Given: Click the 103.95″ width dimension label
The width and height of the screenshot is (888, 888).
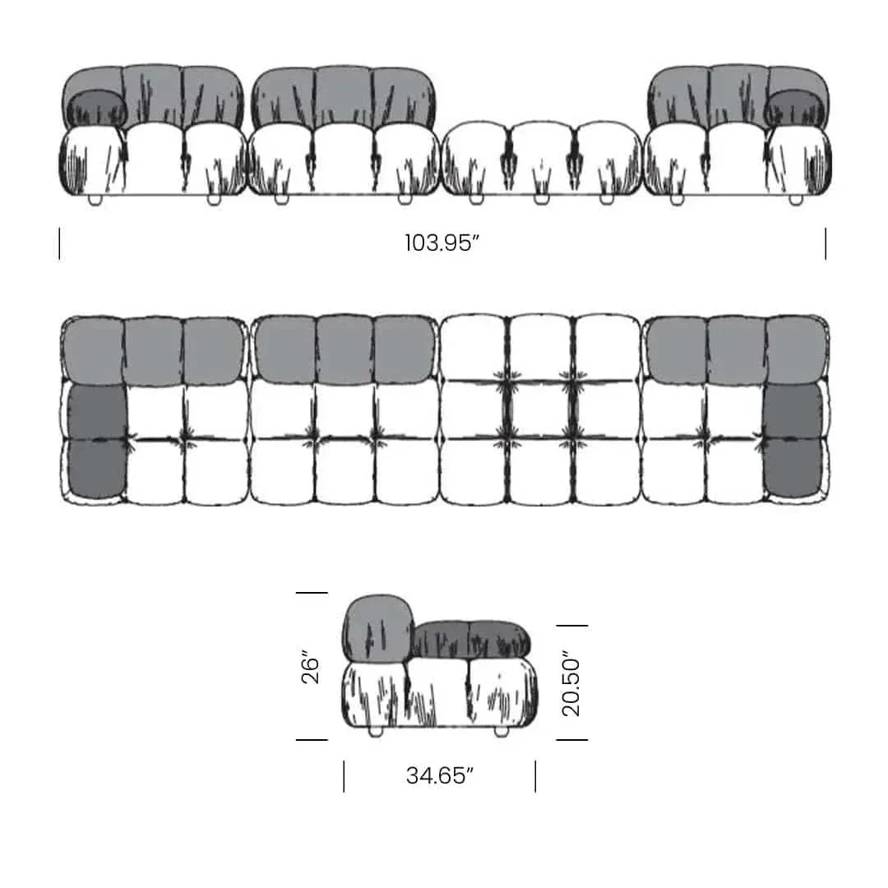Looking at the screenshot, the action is tap(442, 243).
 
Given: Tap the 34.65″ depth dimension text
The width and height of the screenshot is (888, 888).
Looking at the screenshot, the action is tap(439, 775).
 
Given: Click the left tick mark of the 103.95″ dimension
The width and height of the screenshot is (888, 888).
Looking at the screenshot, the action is tap(59, 243).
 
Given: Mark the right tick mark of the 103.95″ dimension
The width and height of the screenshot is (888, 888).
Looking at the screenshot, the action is tap(826, 243).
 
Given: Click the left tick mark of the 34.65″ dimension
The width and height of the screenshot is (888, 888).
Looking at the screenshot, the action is tap(344, 776).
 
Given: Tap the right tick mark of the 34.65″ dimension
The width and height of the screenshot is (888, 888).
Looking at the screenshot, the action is tap(535, 776).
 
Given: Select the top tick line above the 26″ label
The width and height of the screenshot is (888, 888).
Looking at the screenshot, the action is tap(312, 592).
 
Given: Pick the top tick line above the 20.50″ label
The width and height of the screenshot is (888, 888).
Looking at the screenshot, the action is tap(572, 625).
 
